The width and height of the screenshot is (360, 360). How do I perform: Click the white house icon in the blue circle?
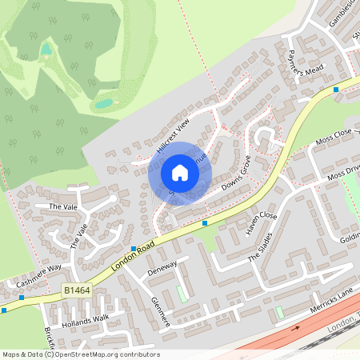coord(179,172)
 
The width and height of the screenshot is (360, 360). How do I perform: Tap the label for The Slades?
coord(266,253)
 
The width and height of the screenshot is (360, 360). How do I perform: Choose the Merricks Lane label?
coord(326,290)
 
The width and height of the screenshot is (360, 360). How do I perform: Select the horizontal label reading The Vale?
coord(61,206)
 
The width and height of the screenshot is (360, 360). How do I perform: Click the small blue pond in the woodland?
coord(104,102)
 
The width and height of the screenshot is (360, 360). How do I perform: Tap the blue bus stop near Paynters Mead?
coord(336,90)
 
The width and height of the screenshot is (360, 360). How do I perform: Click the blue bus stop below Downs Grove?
coord(205,223)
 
